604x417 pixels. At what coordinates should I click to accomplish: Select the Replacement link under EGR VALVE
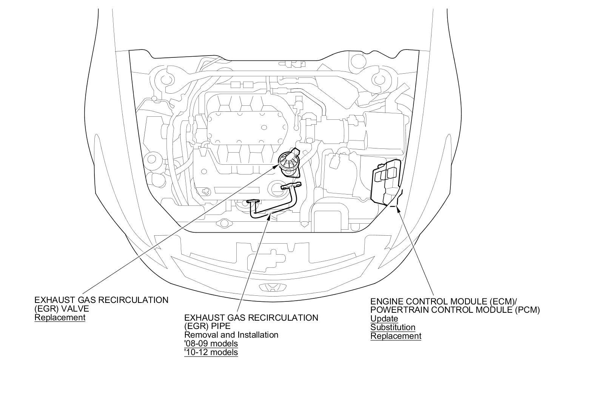click(60, 317)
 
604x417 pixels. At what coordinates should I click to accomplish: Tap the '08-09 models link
click(211, 344)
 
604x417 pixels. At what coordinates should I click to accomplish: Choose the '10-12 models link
click(211, 352)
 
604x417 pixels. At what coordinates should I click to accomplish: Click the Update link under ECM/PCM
click(384, 319)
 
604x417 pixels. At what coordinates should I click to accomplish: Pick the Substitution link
click(393, 327)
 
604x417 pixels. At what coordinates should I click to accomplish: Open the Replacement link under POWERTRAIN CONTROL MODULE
click(396, 336)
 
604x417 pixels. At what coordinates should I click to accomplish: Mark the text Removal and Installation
click(231, 335)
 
